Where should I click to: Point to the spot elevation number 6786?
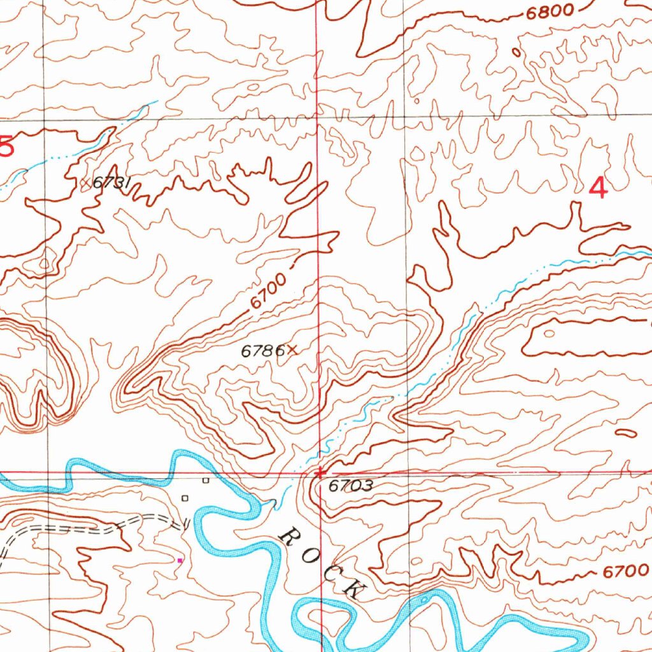pos(261,350)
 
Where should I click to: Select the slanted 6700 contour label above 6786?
pos(266,290)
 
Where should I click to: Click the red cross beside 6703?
pos(320,473)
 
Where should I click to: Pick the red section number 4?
pos(599,188)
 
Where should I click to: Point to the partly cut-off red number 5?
pos(6,147)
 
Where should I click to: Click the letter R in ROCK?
pos(290,536)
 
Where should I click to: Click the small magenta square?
pos(180,560)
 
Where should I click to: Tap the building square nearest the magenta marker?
pos(185,498)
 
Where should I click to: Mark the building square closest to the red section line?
pos(205,480)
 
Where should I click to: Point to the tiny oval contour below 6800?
pos(516,52)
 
